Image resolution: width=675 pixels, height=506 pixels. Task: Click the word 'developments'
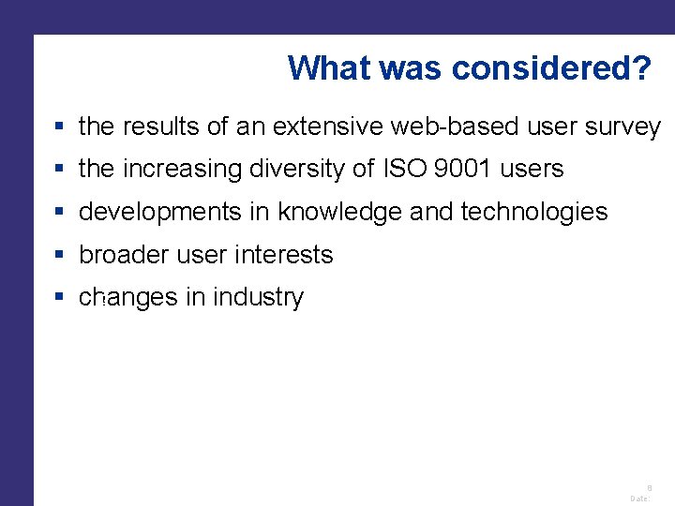click(x=160, y=213)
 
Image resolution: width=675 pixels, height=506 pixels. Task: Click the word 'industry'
click(x=258, y=298)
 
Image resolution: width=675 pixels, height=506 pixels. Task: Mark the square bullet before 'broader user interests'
click(x=59, y=255)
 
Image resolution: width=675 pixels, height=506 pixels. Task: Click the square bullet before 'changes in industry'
click(x=59, y=298)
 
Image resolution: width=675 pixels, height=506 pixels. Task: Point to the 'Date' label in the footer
click(x=639, y=499)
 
